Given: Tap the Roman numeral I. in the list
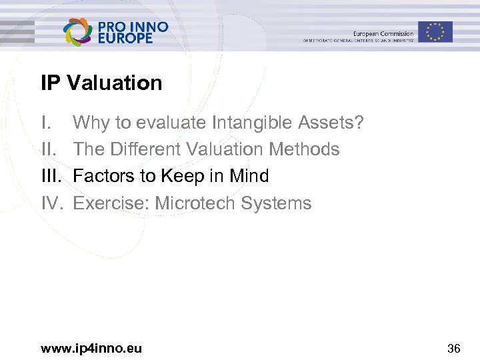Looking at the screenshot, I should coord(45,123).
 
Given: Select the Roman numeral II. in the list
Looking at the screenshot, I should coord(48,149).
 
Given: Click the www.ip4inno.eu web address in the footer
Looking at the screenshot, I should coord(91,347).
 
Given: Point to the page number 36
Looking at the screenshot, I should coord(453,347).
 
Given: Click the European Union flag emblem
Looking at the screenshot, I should coord(436,31).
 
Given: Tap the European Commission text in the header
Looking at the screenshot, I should coord(383,33).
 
